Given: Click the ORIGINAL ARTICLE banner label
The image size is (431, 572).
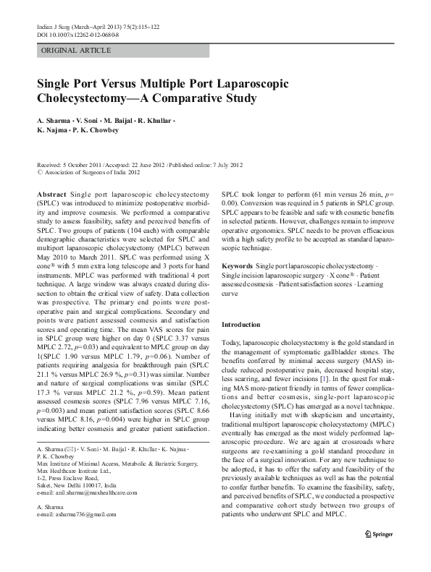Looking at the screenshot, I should (x=76, y=50).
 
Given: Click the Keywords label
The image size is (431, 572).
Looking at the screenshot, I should (x=237, y=266).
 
